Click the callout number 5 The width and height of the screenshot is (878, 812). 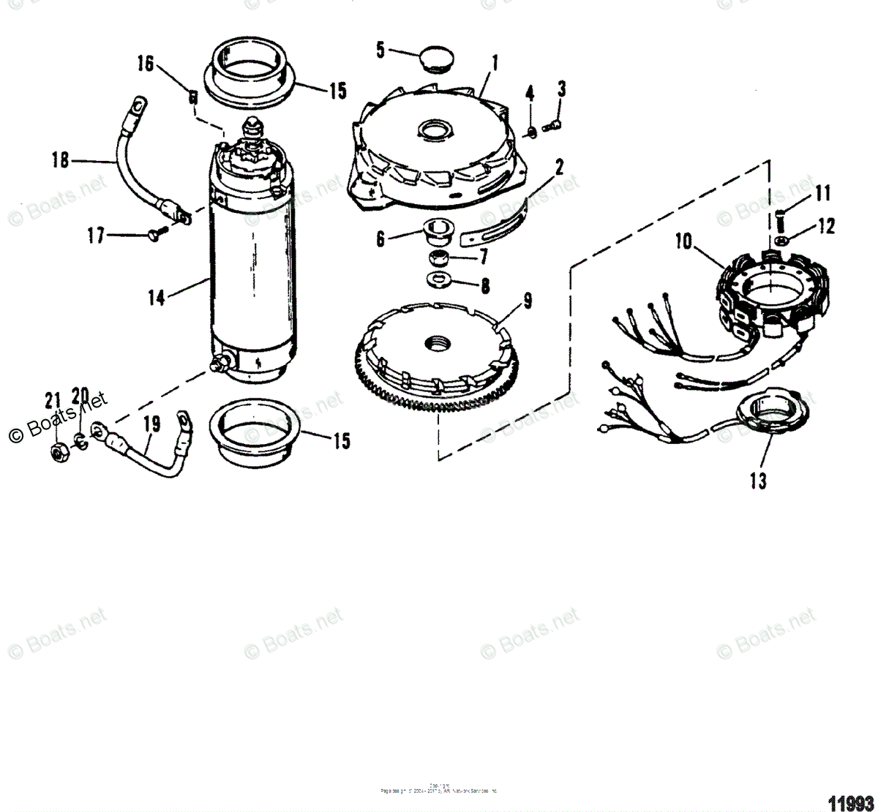pyautogui.click(x=380, y=50)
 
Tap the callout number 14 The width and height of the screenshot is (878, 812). pyautogui.click(x=156, y=298)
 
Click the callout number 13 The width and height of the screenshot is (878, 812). pyautogui.click(x=758, y=481)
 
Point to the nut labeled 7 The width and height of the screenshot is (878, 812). pyautogui.click(x=440, y=257)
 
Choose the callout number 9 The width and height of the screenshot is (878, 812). pyautogui.click(x=527, y=300)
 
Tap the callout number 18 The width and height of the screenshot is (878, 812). pyautogui.click(x=61, y=159)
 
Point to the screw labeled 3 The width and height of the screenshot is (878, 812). pyautogui.click(x=552, y=127)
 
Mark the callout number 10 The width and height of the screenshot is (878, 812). pyautogui.click(x=683, y=241)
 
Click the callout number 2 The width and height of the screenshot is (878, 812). pyautogui.click(x=558, y=168)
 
